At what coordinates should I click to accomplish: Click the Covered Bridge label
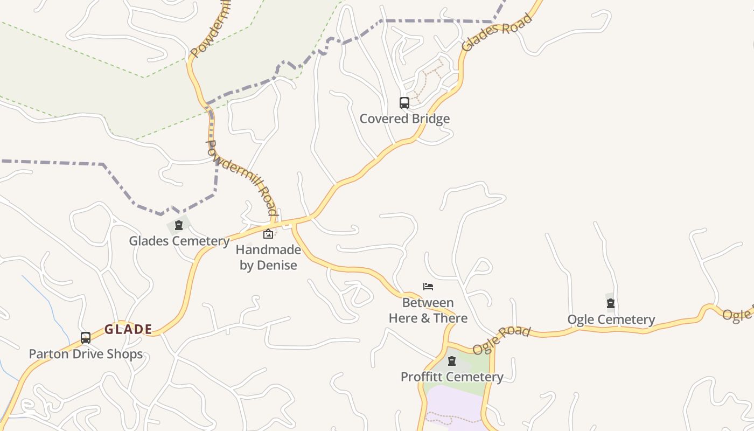404,119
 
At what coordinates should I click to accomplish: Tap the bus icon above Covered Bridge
404,102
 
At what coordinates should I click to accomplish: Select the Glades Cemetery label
179,241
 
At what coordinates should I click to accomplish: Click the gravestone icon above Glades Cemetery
179,225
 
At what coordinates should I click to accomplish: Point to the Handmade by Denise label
268,258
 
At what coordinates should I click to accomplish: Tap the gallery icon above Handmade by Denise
268,234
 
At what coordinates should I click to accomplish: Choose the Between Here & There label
428,310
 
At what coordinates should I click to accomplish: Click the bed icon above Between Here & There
428,287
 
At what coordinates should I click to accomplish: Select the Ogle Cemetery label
611,319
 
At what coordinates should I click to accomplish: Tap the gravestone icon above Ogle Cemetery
610,303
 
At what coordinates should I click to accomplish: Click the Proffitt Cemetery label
452,377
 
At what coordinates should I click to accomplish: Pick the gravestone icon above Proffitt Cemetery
452,361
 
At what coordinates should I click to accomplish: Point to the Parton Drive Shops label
86,354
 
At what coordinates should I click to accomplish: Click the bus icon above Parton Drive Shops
85,338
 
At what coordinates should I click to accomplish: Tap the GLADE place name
128,329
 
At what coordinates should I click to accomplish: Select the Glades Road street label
497,32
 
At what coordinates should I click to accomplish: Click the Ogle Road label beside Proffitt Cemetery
501,340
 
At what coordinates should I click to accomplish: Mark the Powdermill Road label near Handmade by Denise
242,177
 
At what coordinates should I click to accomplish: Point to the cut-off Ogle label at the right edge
738,314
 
